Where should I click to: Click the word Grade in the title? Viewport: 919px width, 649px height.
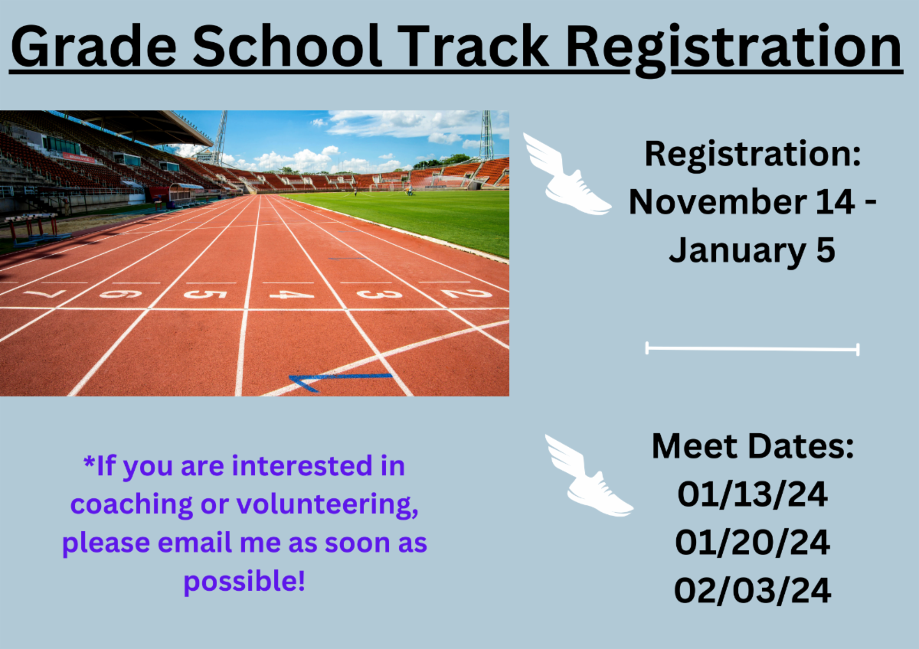(x=94, y=46)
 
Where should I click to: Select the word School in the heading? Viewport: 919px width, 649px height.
(x=286, y=45)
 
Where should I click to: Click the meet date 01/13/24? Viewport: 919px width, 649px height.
(x=752, y=495)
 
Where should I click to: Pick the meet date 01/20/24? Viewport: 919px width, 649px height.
(x=752, y=543)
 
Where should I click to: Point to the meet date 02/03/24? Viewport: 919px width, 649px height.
(x=752, y=591)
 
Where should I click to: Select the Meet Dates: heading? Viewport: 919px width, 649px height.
(x=753, y=446)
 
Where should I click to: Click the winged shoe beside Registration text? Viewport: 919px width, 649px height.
(x=566, y=174)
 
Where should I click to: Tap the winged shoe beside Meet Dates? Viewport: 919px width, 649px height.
(x=588, y=475)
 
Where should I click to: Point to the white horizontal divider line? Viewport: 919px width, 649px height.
(x=752, y=349)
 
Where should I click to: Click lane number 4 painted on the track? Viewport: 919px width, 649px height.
(x=291, y=295)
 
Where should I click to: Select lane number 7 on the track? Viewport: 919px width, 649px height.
(x=45, y=294)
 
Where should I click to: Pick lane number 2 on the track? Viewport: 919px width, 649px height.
(x=466, y=293)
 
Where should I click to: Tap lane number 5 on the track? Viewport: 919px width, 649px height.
(x=205, y=294)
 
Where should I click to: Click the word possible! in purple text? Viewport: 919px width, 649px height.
(x=244, y=582)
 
